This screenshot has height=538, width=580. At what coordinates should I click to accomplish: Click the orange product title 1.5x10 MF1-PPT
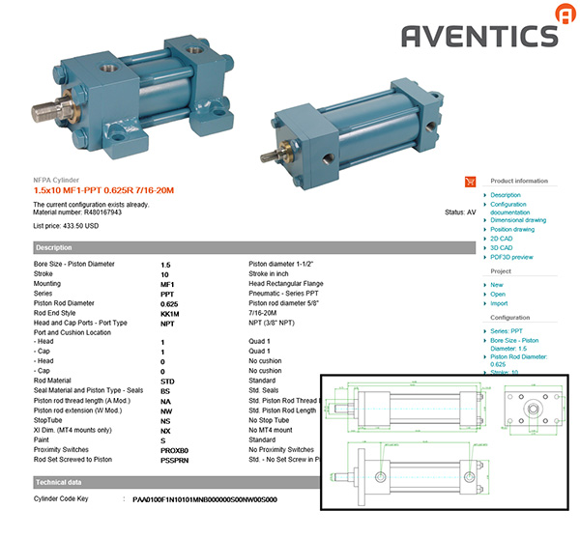click(x=103, y=190)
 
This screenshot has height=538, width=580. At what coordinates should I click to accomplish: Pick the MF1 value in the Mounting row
click(x=167, y=285)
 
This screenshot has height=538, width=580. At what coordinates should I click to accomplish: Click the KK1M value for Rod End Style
click(x=169, y=314)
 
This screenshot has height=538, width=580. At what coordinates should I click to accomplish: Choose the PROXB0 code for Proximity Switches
click(x=175, y=449)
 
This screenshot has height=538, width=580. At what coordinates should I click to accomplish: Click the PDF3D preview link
click(x=511, y=258)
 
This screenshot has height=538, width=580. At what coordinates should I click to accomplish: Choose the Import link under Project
click(x=499, y=303)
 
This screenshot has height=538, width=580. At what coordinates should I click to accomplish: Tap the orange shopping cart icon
click(x=471, y=181)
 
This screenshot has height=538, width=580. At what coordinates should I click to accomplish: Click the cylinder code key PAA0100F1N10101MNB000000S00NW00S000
click(x=205, y=499)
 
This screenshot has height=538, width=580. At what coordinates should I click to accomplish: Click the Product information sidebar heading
click(x=519, y=181)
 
